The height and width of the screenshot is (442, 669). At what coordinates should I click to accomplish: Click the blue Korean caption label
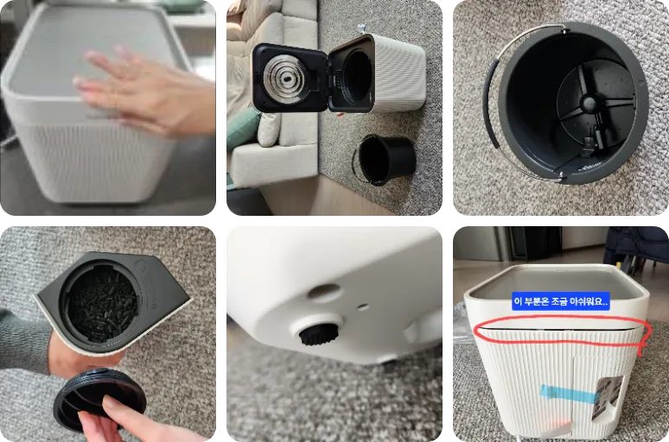point(561,302)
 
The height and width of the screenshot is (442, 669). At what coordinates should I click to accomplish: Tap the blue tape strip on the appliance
point(568,395)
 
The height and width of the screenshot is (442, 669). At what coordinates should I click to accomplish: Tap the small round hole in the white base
point(363,306)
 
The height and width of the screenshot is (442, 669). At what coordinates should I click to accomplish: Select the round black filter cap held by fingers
point(99,399)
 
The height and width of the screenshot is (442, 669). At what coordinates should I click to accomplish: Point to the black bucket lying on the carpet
point(385,160)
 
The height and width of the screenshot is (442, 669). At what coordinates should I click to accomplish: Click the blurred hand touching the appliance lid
point(145,92)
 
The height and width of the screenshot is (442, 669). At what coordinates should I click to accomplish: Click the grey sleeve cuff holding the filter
point(25,342)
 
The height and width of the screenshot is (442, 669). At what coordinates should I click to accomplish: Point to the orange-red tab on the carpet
point(339,114)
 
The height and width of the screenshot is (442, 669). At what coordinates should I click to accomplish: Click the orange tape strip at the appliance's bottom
point(555,426)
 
